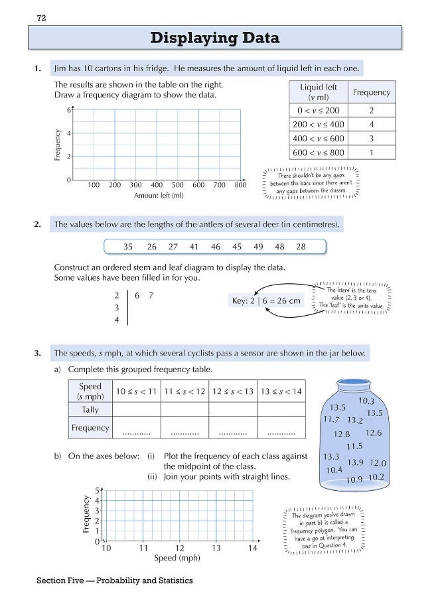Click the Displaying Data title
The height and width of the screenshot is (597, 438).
pyautogui.click(x=215, y=38)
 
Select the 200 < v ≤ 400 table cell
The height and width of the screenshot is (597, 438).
pyautogui.click(x=319, y=124)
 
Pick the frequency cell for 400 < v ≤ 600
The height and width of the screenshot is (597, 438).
pyautogui.click(x=371, y=139)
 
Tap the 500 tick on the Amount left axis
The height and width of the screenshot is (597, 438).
pyautogui.click(x=178, y=186)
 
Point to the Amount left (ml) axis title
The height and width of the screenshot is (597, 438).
pyautogui.click(x=159, y=196)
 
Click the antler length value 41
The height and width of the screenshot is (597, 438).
pyautogui.click(x=194, y=247)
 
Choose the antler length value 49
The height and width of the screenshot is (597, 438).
pyautogui.click(x=258, y=247)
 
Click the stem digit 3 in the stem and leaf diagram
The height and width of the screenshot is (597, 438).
pyautogui.click(x=117, y=308)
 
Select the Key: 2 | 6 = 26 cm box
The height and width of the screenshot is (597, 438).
pyautogui.click(x=265, y=300)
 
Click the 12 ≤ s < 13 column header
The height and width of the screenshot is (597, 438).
pyautogui.click(x=233, y=391)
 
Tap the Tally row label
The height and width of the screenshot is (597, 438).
pyautogui.click(x=90, y=410)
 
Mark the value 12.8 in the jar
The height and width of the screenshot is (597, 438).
pyautogui.click(x=342, y=434)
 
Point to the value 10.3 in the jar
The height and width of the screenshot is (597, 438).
pyautogui.click(x=366, y=401)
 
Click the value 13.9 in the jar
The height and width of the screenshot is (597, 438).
pyautogui.click(x=356, y=462)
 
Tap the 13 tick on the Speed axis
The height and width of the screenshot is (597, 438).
pyautogui.click(x=216, y=549)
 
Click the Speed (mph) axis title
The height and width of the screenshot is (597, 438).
pyautogui.click(x=177, y=559)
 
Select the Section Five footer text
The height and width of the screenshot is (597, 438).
pyautogui.click(x=115, y=580)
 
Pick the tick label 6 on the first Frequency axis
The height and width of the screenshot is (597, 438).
pyautogui.click(x=68, y=109)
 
